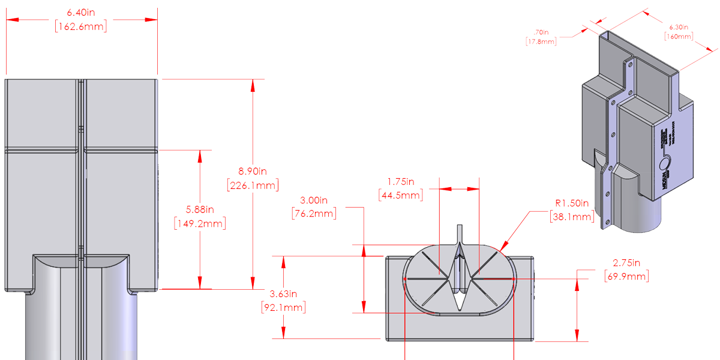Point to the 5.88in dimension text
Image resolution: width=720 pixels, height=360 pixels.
(199, 209)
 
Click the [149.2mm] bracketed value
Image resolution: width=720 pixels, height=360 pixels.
(199, 224)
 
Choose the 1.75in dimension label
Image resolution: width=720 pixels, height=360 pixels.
(401, 181)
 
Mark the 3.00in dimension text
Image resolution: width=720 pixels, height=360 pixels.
(313, 199)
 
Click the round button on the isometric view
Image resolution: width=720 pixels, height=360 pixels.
(665, 164)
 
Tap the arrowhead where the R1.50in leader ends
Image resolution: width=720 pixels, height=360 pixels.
(502, 248)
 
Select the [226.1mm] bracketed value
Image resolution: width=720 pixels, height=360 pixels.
(253, 185)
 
